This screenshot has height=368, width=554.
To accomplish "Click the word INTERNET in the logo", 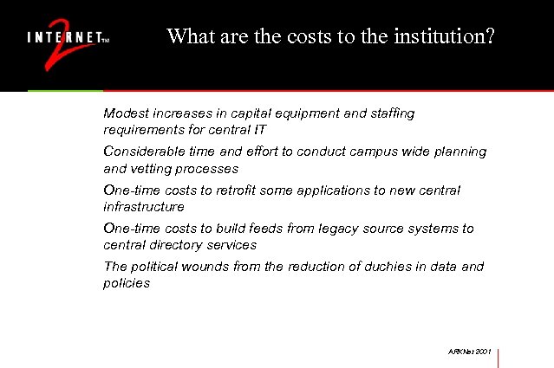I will click(x=63, y=38).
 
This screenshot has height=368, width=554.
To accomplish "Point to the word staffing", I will click(x=390, y=113).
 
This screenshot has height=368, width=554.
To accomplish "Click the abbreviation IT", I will click(x=259, y=130).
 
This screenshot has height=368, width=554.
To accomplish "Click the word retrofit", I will click(x=244, y=190).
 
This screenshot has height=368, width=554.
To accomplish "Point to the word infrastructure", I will click(x=144, y=207).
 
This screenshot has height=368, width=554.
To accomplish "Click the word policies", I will click(x=127, y=283).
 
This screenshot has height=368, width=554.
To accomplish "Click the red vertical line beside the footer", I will click(x=499, y=357).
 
